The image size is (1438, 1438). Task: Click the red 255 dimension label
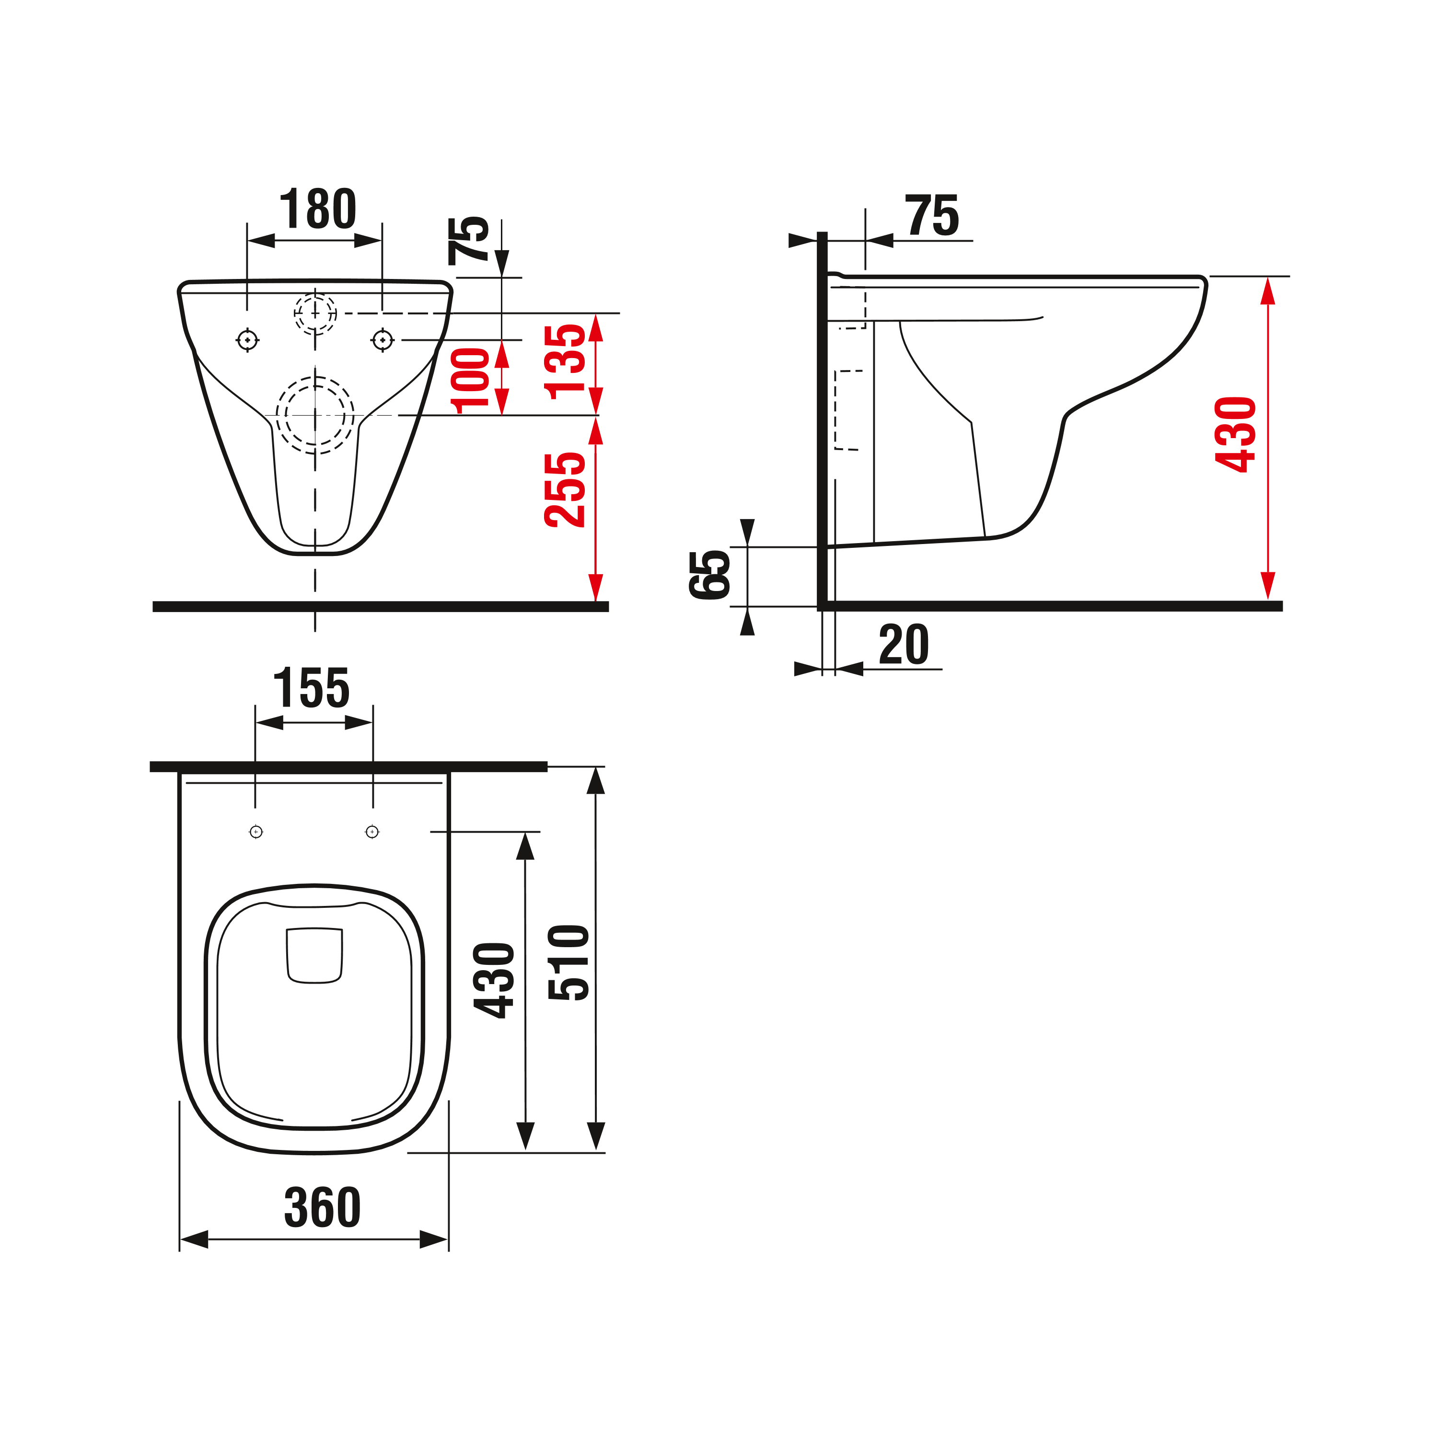click(565, 490)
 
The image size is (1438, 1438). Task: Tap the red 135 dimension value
click(565, 362)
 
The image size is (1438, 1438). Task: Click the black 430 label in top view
click(494, 980)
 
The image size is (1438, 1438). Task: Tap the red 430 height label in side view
click(1236, 435)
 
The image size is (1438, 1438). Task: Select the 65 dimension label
click(709, 575)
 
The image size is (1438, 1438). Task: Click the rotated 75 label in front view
click(468, 241)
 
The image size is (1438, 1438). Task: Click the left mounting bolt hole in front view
click(247, 340)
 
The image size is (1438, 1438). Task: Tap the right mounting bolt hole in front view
click(383, 340)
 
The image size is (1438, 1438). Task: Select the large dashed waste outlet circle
click(315, 415)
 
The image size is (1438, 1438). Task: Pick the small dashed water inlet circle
click(315, 313)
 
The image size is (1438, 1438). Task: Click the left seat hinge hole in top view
click(256, 831)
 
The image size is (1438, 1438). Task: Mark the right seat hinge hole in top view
click(372, 831)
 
